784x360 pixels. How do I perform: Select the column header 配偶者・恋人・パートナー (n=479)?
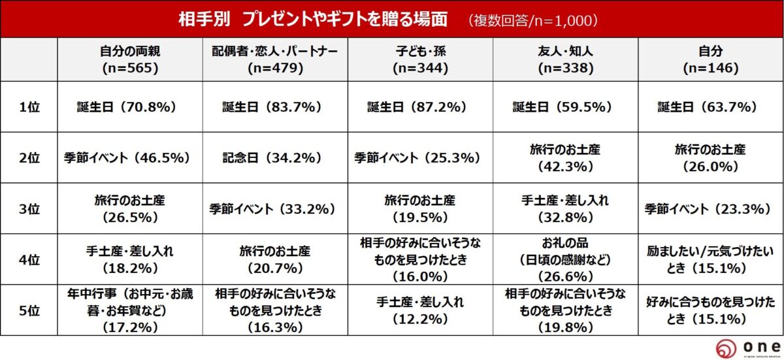pos(274,59)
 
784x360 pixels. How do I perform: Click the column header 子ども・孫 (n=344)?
pos(419,59)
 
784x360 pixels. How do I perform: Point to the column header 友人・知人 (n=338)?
pos(565,59)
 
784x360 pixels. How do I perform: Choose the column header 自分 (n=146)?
pos(710,59)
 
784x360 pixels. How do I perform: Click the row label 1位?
pos(29,106)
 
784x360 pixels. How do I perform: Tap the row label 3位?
pos(29,209)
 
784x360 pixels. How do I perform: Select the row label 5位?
pos(29,310)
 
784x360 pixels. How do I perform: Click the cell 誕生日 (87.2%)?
pos(419,106)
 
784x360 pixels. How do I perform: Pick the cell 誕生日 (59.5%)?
pos(565,106)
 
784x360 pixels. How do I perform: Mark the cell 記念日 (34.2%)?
pos(274,157)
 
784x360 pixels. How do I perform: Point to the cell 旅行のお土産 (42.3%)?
pos(565,157)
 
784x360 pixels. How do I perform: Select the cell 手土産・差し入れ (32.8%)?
pos(565,209)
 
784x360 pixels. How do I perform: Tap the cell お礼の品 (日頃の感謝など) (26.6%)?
pos(565,259)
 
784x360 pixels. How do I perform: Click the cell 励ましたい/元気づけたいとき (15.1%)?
pos(710,259)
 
